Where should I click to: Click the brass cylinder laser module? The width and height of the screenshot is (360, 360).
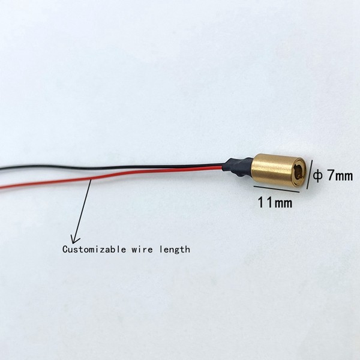point(278,170)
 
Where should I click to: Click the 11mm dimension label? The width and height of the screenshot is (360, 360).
point(275,203)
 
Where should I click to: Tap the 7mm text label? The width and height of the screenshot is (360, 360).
point(340,176)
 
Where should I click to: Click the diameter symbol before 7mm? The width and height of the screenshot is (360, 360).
point(318,176)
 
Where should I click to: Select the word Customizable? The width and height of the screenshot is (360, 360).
point(94,250)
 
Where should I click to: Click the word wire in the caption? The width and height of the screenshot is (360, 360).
point(142,250)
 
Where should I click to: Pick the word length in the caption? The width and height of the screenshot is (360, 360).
point(175,250)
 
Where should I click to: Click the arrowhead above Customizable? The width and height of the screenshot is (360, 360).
point(74,240)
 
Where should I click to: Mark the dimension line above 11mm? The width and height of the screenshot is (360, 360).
point(277,189)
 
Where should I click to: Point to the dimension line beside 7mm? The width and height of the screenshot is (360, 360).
point(310,175)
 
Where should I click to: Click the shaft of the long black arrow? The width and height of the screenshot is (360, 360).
point(82,211)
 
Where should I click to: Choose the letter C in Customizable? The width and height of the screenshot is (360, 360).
point(65,250)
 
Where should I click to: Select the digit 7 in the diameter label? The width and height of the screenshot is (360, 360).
point(331,175)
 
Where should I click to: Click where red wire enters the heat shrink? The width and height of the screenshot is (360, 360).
point(223,169)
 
